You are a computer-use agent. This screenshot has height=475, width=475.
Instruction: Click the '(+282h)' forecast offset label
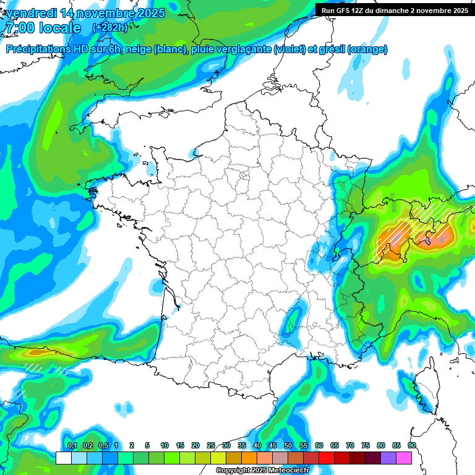(x=109, y=28)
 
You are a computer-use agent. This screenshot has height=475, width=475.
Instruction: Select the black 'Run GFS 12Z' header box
(x=395, y=10)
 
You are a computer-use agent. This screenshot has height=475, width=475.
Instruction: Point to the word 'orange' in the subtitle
(x=368, y=49)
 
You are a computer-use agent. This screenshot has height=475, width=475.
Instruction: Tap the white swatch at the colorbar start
(x=63, y=458)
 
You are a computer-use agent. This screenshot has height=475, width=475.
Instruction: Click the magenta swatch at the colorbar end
(x=404, y=458)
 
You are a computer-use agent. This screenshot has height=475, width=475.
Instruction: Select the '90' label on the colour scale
(x=411, y=445)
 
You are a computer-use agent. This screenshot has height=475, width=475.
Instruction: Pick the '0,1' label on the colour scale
(x=72, y=445)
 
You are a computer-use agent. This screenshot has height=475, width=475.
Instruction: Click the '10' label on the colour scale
(x=165, y=445)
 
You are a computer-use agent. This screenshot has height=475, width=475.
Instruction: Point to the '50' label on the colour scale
(x=288, y=445)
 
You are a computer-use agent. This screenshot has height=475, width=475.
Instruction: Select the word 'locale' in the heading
(x=59, y=28)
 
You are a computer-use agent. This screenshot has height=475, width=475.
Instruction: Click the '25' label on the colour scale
(x=211, y=445)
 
